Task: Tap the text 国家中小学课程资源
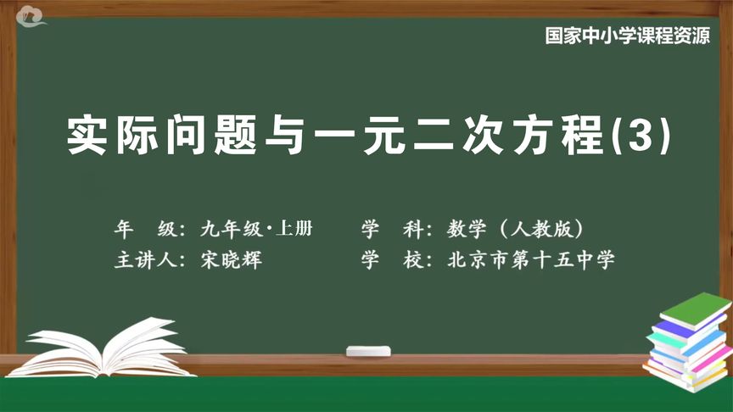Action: [629, 37]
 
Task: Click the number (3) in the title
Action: [648, 135]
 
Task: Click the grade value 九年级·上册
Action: [257, 229]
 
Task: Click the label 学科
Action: [391, 229]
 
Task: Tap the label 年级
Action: [146, 229]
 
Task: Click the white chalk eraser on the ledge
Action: [370, 349]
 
